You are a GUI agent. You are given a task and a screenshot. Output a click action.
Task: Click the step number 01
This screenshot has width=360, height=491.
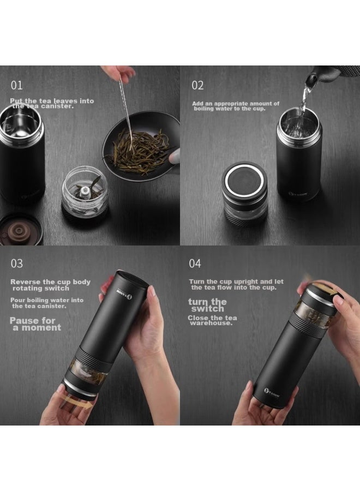(x=16, y=86)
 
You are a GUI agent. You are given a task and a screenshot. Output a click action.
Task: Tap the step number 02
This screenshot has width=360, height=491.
(x=197, y=86)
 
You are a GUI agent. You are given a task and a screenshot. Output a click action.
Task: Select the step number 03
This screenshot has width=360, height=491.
(x=17, y=264)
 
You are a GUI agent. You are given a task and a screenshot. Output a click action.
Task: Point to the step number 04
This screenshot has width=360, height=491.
(x=195, y=264)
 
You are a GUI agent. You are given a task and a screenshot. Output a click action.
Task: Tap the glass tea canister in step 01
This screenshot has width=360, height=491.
(x=85, y=191)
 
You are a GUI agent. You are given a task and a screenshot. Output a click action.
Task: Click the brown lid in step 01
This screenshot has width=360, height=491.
(x=21, y=230)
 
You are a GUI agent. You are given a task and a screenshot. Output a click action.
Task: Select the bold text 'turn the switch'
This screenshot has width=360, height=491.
(x=207, y=305)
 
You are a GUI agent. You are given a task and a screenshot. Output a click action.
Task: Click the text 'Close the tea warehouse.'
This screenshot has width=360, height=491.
(x=212, y=320)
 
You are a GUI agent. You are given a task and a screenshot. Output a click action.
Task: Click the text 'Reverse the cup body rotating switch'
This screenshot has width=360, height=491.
(x=50, y=285)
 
